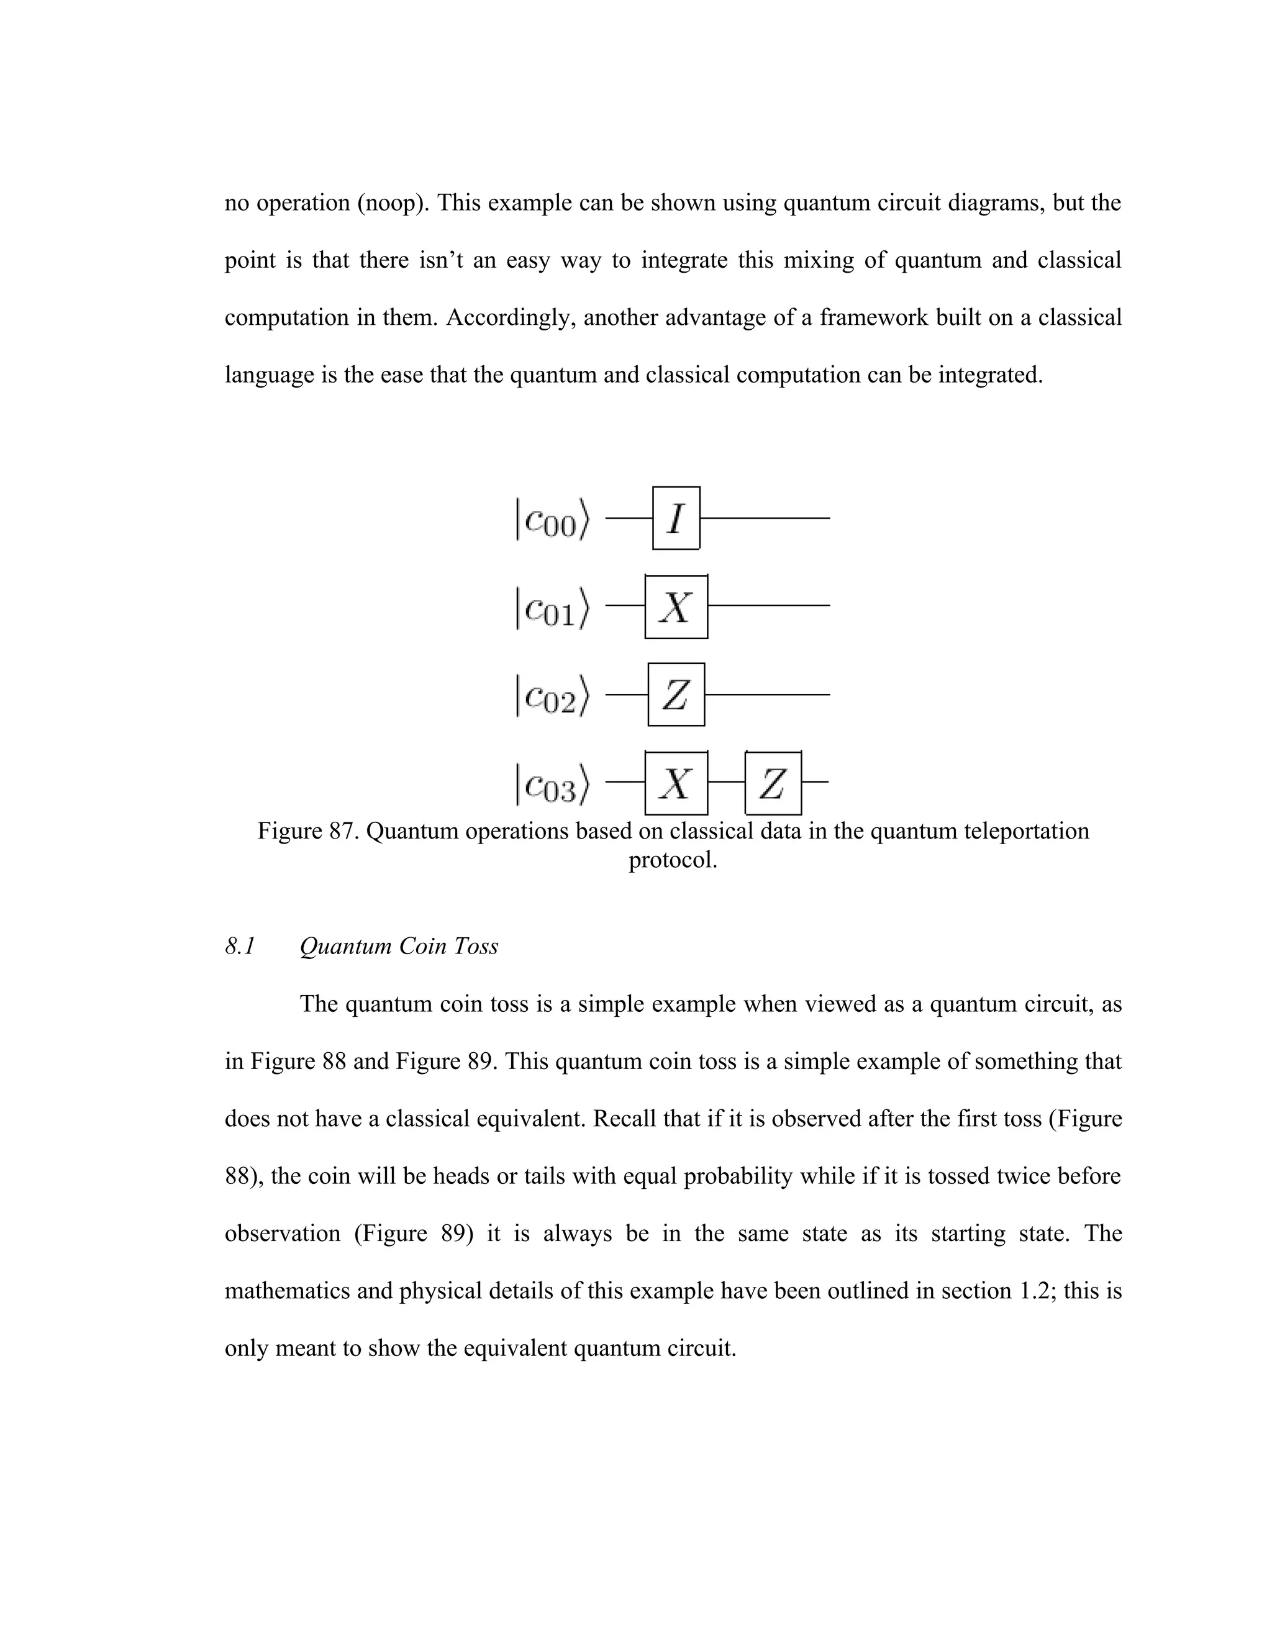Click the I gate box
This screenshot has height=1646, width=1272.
click(676, 518)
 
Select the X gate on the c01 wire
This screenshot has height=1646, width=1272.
click(676, 607)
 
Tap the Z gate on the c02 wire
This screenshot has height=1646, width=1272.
click(676, 694)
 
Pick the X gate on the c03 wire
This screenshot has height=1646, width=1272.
click(676, 783)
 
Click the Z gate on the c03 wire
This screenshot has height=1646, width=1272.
click(773, 783)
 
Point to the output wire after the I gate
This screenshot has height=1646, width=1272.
click(765, 518)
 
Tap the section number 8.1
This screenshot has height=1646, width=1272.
click(240, 946)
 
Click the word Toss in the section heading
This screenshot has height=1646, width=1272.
click(476, 946)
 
